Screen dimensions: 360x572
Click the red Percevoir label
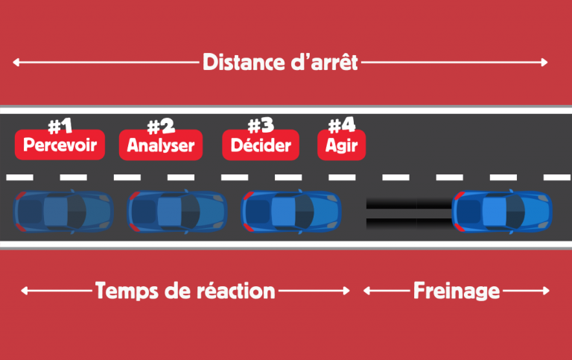[x=60, y=145]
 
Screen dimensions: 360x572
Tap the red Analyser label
[x=161, y=145]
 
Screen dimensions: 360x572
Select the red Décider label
[x=261, y=145]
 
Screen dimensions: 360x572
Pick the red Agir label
[x=343, y=145]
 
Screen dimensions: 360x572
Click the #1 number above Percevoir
[x=60, y=124]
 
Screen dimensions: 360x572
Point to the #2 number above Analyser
[x=161, y=124]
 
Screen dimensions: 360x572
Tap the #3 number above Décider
[x=261, y=124]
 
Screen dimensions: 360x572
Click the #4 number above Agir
[x=343, y=124]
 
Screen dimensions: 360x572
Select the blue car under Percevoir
[x=63, y=211]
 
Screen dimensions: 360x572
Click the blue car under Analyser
[x=177, y=211]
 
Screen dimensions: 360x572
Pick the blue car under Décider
[x=292, y=211]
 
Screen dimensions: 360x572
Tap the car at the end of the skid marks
[x=503, y=211]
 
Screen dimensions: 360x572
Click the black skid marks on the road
[x=409, y=212]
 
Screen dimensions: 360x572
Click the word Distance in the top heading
[x=238, y=63]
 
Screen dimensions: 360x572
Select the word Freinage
[x=456, y=291]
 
